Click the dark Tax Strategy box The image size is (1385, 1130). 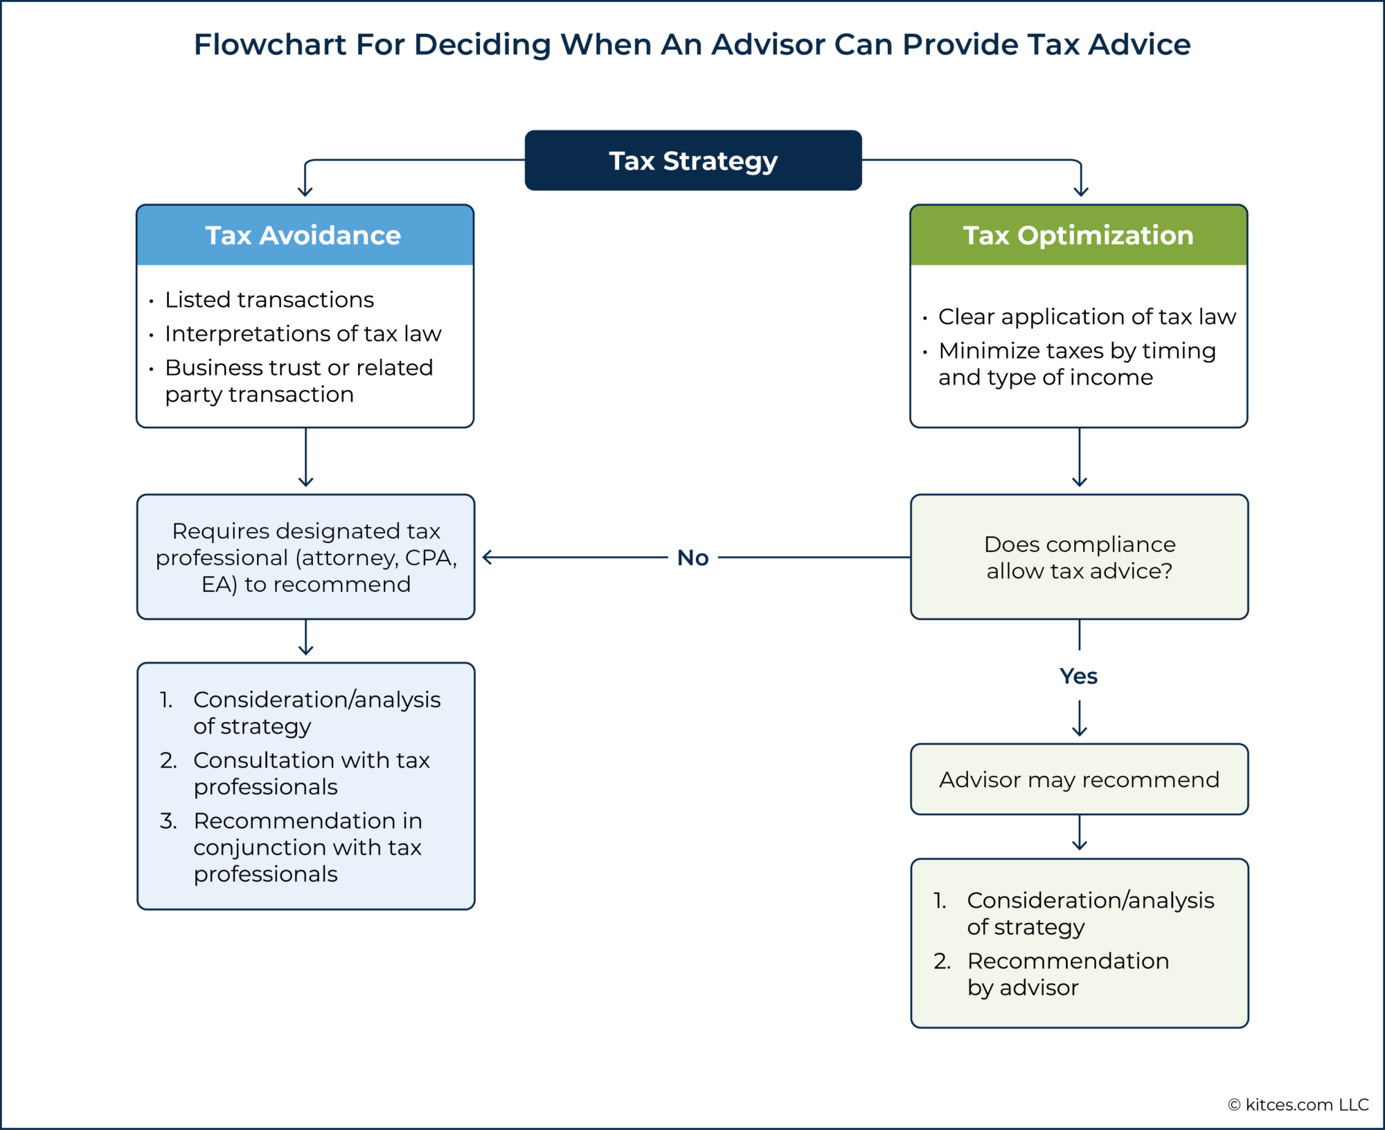click(x=693, y=160)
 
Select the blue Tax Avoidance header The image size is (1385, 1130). click(x=305, y=235)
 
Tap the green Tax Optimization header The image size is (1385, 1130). click(x=1078, y=235)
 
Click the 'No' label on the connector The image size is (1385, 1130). click(x=692, y=558)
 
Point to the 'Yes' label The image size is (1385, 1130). click(x=1078, y=676)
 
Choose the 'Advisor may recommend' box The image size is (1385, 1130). click(x=1079, y=779)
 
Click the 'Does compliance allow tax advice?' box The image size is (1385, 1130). click(x=1079, y=557)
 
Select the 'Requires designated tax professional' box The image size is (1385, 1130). click(x=305, y=557)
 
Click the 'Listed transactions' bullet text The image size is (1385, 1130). click(x=269, y=299)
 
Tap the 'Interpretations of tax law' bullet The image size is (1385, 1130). click(x=303, y=333)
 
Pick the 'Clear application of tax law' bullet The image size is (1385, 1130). click(x=1087, y=317)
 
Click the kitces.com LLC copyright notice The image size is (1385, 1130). click(x=1298, y=1104)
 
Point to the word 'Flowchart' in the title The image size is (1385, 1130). click(x=269, y=44)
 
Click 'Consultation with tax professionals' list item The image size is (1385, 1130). click(x=311, y=773)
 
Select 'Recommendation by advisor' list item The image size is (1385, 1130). click(x=1067, y=973)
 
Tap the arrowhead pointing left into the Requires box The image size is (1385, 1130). click(x=488, y=557)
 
